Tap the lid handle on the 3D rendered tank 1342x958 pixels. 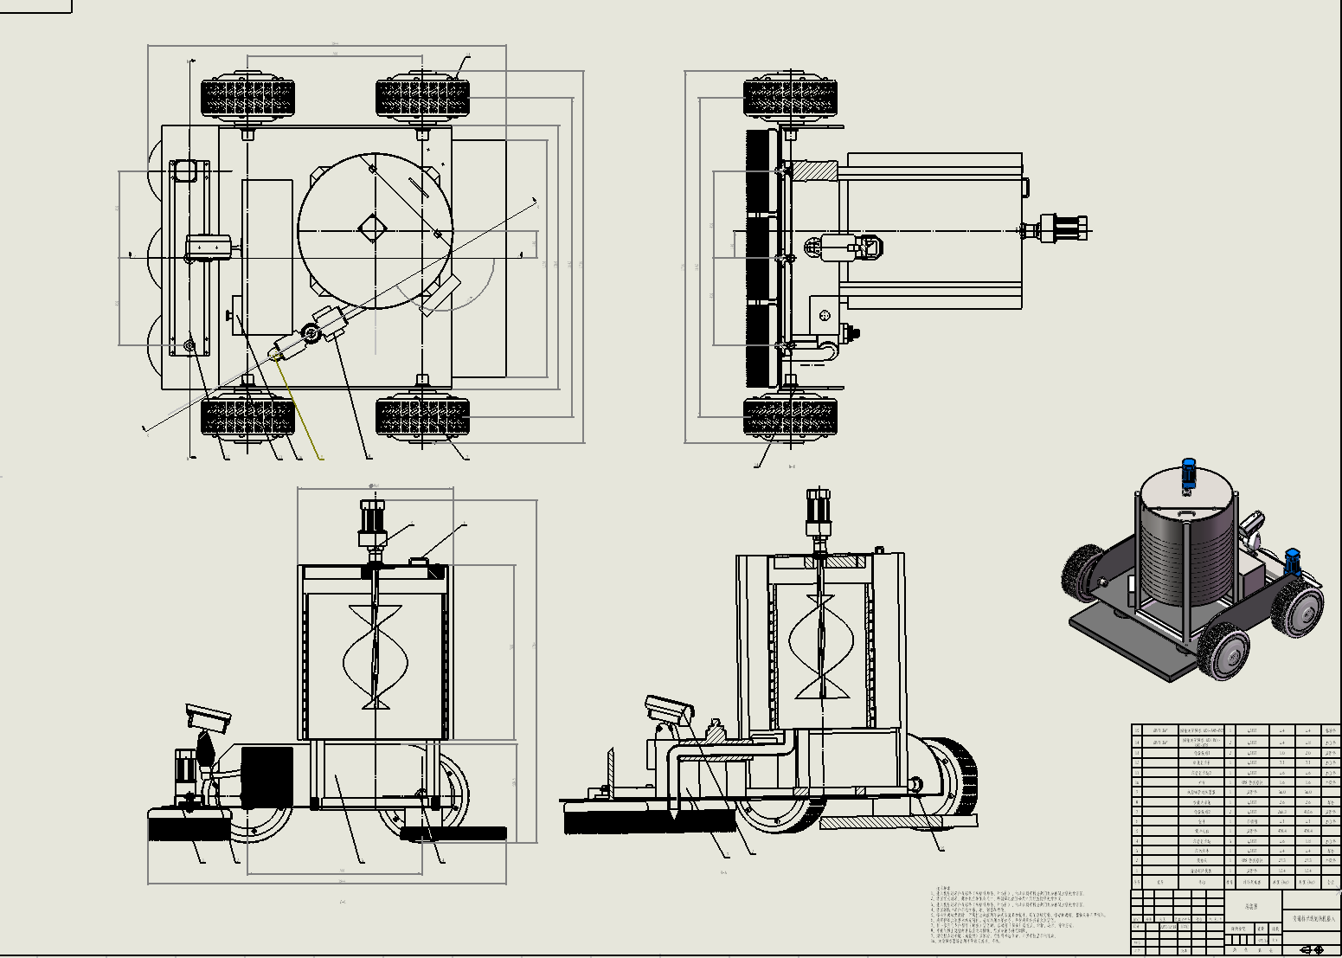click(1185, 513)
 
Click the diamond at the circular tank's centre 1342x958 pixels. click(374, 229)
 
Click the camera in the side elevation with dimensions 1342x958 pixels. click(209, 717)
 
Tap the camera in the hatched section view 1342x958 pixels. click(669, 709)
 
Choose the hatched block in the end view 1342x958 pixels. click(813, 170)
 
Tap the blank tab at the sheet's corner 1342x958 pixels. click(35, 6)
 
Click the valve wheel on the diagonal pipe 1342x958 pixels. click(310, 332)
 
